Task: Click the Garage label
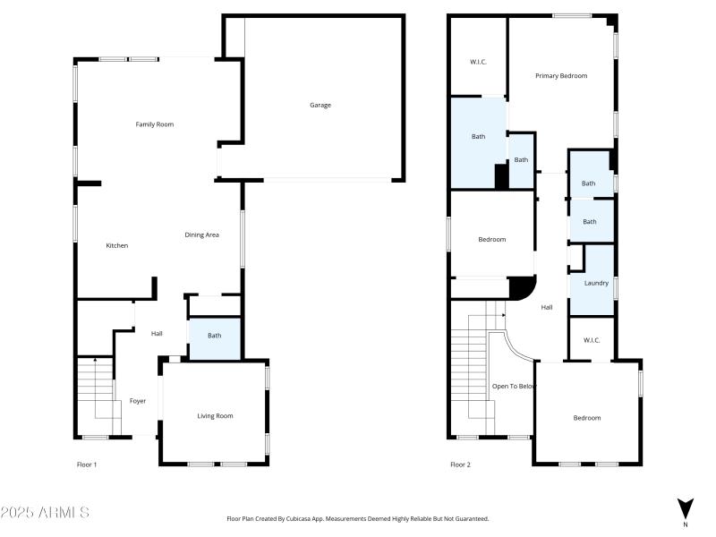(320, 105)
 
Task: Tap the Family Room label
(154, 124)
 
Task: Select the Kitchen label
(117, 245)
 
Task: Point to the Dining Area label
(201, 234)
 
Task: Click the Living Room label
(215, 416)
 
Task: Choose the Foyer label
(138, 401)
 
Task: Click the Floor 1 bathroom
(215, 339)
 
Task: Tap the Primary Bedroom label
(561, 76)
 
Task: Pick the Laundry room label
(596, 283)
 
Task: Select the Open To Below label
(514, 387)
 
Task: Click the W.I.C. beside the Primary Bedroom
(478, 62)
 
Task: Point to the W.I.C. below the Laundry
(592, 340)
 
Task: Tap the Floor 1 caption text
(87, 465)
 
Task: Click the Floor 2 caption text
(460, 465)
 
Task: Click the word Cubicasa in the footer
(300, 519)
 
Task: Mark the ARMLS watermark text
(45, 512)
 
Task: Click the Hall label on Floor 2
(547, 307)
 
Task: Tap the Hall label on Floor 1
(157, 333)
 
